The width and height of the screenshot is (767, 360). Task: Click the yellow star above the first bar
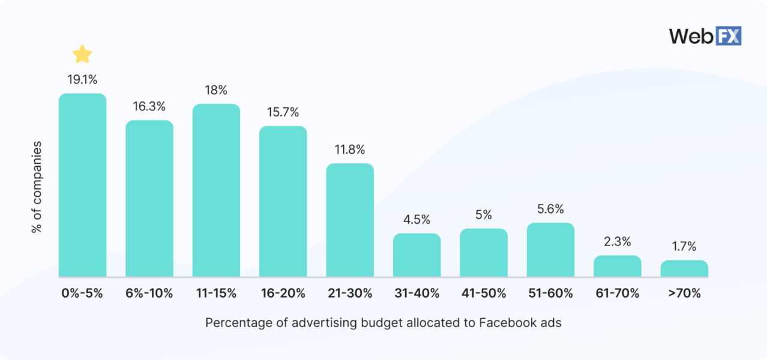(x=82, y=55)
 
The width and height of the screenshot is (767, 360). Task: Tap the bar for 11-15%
(x=216, y=190)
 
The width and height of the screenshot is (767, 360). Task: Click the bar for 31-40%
(x=417, y=255)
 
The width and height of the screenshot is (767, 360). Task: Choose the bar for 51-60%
(x=550, y=250)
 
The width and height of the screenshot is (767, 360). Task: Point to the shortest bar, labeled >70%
(x=684, y=268)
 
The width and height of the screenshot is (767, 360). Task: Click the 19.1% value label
(x=82, y=79)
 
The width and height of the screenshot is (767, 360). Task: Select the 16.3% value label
(x=149, y=106)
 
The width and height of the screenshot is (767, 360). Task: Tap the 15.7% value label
(x=283, y=112)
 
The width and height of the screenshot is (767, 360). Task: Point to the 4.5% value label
(x=417, y=220)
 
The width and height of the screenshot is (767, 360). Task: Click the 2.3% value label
(x=618, y=242)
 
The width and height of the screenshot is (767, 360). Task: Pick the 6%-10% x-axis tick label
(x=149, y=294)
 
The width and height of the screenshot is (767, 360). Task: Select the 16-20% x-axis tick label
(x=283, y=294)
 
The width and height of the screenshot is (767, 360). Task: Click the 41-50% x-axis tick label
(x=484, y=294)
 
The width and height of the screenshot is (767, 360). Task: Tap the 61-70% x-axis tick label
(x=618, y=294)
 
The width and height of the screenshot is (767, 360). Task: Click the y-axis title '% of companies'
(x=37, y=187)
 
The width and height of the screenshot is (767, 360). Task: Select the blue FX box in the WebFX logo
(x=729, y=36)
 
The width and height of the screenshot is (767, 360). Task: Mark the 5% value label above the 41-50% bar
(x=484, y=215)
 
